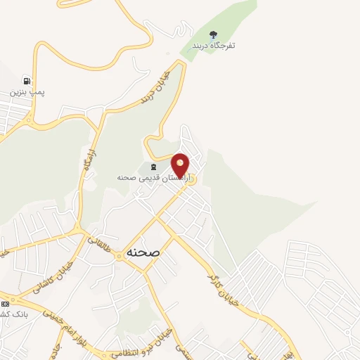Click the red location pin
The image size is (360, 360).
(181, 166)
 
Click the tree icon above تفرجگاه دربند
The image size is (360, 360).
(214, 34)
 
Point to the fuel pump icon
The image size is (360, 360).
(27, 80)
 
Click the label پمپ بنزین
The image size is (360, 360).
(27, 92)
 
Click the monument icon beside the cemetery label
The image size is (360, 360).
(153, 167)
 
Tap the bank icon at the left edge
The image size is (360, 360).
(6, 304)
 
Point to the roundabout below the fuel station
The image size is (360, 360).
(29, 120)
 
